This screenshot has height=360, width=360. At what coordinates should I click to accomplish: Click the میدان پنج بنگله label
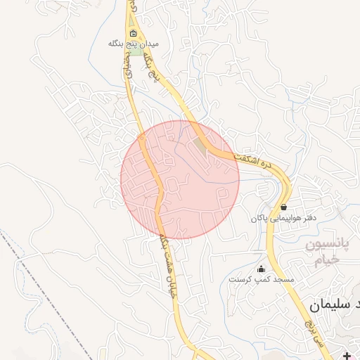(x=134, y=44)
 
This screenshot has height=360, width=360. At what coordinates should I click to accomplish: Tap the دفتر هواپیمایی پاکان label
(x=283, y=219)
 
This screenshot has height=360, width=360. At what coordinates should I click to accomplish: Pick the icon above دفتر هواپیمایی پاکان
(x=283, y=207)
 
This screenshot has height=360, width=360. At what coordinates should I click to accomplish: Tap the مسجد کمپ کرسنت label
(x=261, y=279)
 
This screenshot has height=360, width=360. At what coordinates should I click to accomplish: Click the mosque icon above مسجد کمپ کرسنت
(x=262, y=268)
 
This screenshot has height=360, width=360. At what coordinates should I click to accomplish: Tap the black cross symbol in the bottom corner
(x=347, y=355)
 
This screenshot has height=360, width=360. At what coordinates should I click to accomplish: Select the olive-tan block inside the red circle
(x=203, y=148)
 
